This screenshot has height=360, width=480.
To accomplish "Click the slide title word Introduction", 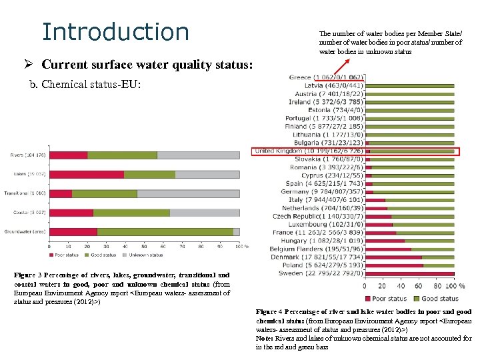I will point(115,31).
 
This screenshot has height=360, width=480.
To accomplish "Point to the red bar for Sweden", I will point(409,273).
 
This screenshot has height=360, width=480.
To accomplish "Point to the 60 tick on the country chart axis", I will point(419,286).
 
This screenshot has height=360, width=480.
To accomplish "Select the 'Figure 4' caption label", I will point(271,312).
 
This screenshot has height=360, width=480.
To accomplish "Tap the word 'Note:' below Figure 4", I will point(265,338).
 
